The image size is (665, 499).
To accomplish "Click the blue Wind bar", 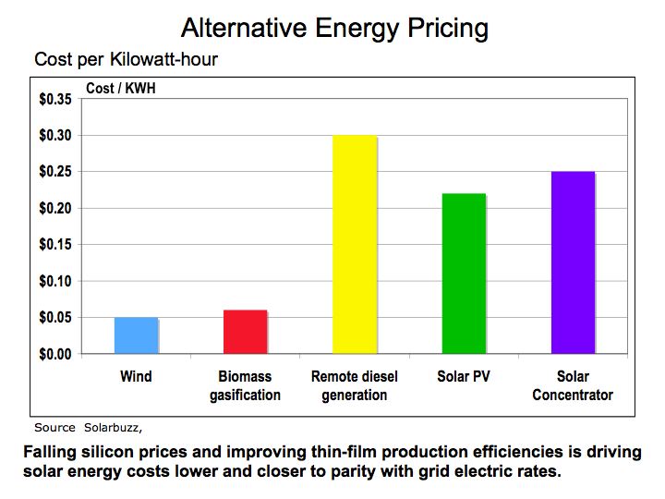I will (x=137, y=335).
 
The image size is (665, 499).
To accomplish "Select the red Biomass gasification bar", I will (x=246, y=332).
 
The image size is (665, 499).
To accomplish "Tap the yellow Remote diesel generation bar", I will (x=355, y=245).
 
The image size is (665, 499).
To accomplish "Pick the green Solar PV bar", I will (x=464, y=274).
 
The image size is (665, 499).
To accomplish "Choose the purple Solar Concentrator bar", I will (x=573, y=262).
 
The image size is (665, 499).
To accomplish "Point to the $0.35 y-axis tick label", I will (x=54, y=99).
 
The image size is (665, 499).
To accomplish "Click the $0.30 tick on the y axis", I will (x=54, y=136).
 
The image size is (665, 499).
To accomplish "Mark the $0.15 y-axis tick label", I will (x=54, y=245).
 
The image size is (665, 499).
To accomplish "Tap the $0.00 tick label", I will (x=54, y=354).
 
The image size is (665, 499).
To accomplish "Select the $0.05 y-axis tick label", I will (x=54, y=318).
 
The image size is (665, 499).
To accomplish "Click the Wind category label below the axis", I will (x=136, y=377).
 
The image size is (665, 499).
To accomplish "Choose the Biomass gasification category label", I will (x=245, y=386).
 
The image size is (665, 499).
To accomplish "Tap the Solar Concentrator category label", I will (x=573, y=386).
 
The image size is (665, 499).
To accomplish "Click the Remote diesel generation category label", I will (x=355, y=386).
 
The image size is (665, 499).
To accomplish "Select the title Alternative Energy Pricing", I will (x=334, y=27).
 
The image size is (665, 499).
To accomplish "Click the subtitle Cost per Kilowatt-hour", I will (x=126, y=60).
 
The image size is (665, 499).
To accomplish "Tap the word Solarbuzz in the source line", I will (x=114, y=428).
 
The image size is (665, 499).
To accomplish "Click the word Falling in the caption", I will (x=53, y=452).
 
